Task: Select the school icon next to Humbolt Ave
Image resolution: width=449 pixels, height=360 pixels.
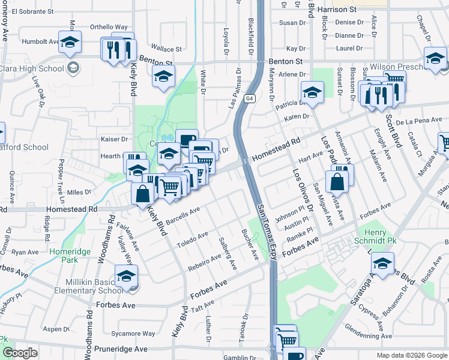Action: click(70, 43)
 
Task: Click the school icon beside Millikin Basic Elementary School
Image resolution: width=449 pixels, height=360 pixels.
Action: click(127, 277)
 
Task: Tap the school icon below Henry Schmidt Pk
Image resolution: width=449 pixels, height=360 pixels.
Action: click(382, 263)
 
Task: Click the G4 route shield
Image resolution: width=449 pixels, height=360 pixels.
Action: click(249, 98)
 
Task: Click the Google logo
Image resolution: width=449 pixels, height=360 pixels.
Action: click(20, 353)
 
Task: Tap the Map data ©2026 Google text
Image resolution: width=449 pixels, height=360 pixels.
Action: click(411, 355)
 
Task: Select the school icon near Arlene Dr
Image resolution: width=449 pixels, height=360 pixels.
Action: click(312, 93)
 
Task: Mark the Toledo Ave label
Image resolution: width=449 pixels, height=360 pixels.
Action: click(192, 239)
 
